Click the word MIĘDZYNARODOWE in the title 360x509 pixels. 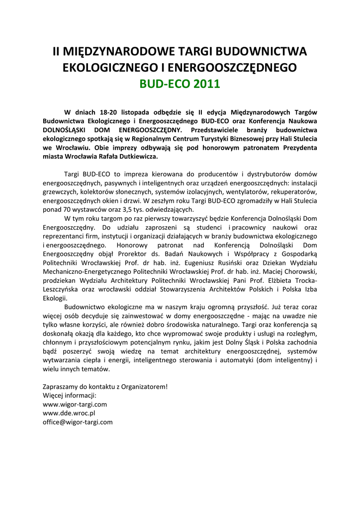(x=119, y=52)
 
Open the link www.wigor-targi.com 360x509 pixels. (x=75, y=404)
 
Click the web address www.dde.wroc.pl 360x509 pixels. (x=69, y=413)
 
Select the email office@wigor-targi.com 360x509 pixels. (x=78, y=422)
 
